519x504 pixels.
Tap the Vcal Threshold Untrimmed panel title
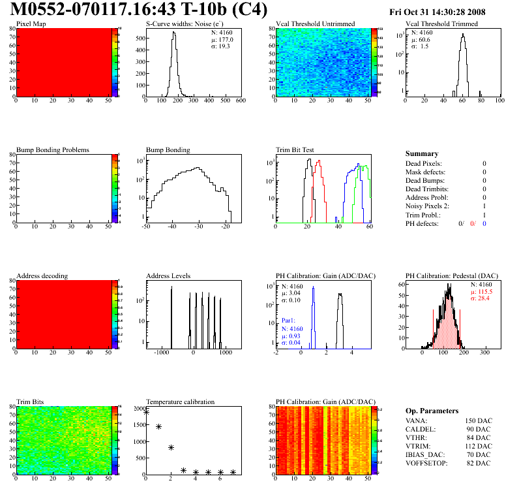coord(316,24)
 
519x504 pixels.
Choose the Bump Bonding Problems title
coord(53,150)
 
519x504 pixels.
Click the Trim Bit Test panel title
coord(295,150)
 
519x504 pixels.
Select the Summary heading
coord(422,154)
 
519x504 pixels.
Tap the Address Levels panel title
coord(168,276)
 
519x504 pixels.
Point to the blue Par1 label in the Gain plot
coord(288,321)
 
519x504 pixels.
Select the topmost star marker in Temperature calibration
coord(147,412)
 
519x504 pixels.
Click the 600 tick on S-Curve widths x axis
coord(240,100)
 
